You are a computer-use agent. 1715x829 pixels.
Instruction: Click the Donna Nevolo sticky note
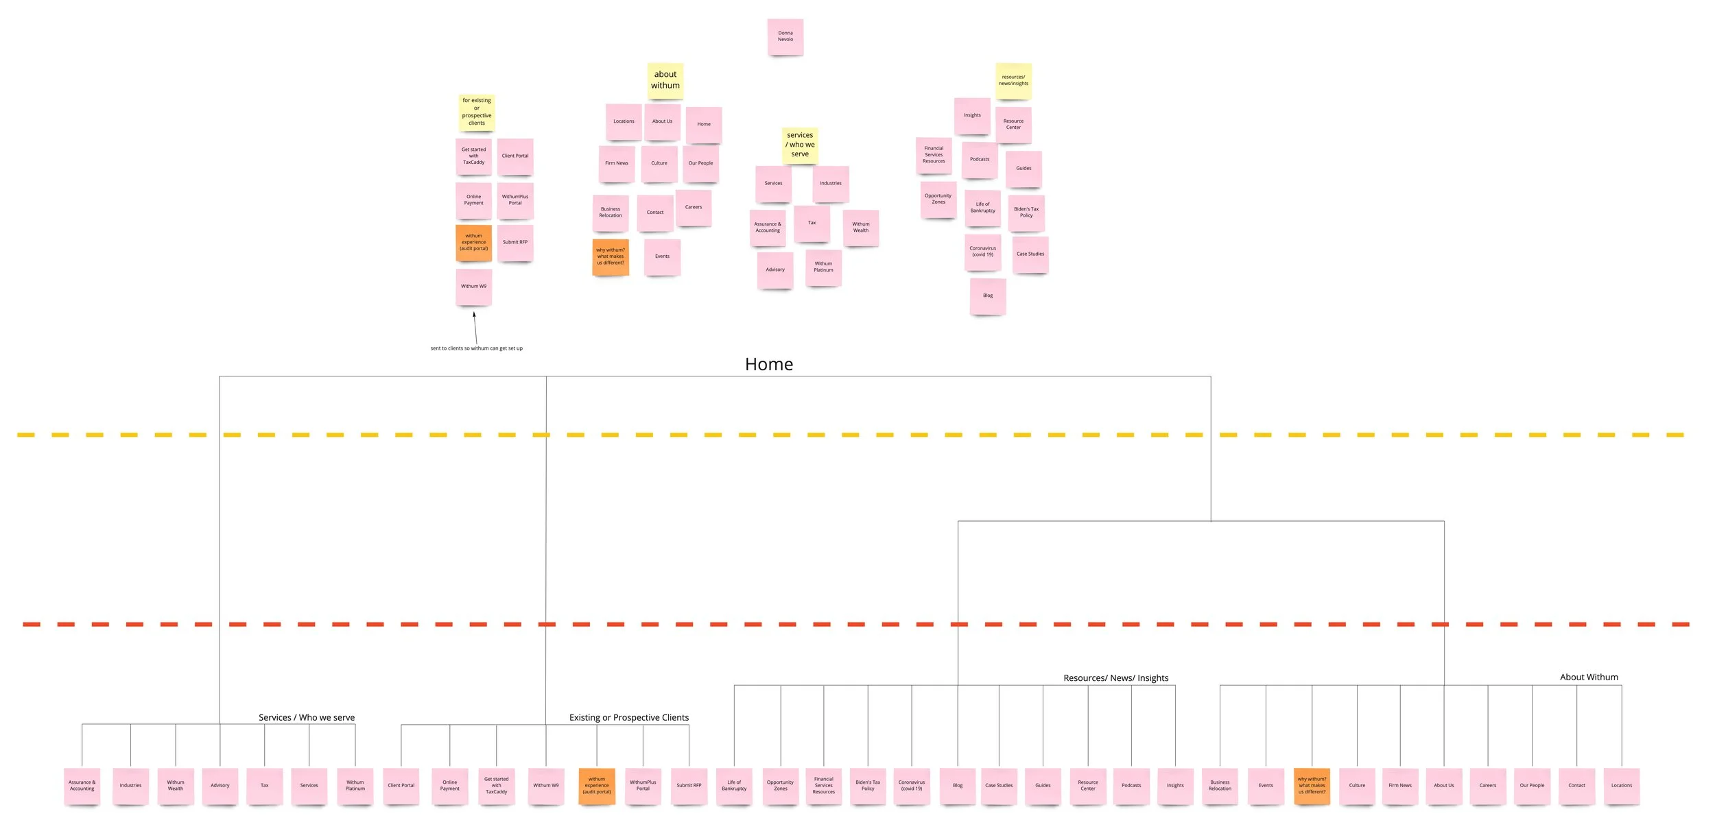(x=785, y=37)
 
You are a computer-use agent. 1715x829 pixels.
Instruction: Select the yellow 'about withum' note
(x=665, y=80)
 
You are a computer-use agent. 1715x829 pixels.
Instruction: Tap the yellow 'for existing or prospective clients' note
(x=476, y=112)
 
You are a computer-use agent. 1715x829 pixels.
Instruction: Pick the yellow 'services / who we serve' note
(x=800, y=145)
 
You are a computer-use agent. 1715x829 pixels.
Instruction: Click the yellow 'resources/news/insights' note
(x=1013, y=81)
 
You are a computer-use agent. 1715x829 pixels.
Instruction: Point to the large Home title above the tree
(x=768, y=364)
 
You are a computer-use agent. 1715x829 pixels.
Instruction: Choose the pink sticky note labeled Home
(x=703, y=125)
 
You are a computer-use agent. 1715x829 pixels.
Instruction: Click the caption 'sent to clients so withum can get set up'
(x=476, y=348)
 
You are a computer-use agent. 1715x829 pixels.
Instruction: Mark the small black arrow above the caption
(x=475, y=328)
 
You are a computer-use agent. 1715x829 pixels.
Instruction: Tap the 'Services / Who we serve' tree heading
(x=306, y=717)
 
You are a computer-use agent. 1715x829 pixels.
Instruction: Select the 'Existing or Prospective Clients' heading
(x=628, y=717)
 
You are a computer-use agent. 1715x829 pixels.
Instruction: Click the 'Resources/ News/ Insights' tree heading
(x=1115, y=677)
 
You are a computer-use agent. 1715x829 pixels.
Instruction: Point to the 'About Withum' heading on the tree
(x=1588, y=677)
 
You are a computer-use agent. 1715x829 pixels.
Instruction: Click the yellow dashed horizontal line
(x=851, y=435)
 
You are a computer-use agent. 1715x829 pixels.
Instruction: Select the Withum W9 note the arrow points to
(x=473, y=287)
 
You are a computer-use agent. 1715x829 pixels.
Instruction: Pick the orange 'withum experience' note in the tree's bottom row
(x=596, y=786)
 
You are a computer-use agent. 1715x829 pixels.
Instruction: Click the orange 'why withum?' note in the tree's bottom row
(x=1311, y=786)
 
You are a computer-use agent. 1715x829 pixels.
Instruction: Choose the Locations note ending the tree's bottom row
(x=1621, y=786)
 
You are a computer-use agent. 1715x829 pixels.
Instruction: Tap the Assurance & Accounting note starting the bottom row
(x=82, y=786)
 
